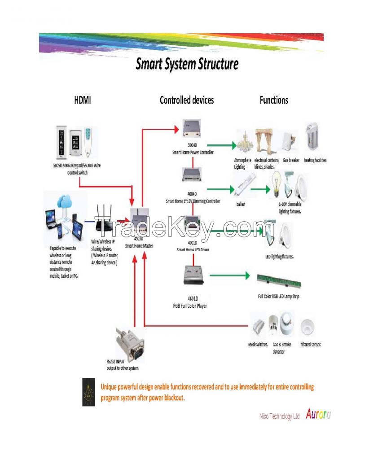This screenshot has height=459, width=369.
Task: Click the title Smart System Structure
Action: tap(187, 64)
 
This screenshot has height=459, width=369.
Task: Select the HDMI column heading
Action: tap(82, 100)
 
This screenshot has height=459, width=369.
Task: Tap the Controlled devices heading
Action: tap(187, 100)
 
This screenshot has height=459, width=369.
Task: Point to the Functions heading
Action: tap(274, 100)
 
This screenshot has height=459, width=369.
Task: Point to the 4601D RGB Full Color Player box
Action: tap(194, 275)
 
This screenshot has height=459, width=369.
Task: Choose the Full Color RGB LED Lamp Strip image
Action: tap(278, 281)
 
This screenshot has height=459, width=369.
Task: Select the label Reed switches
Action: tap(258, 345)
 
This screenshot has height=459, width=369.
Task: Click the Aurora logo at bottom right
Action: tap(318, 415)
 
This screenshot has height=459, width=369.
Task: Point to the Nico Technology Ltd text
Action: tap(279, 416)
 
